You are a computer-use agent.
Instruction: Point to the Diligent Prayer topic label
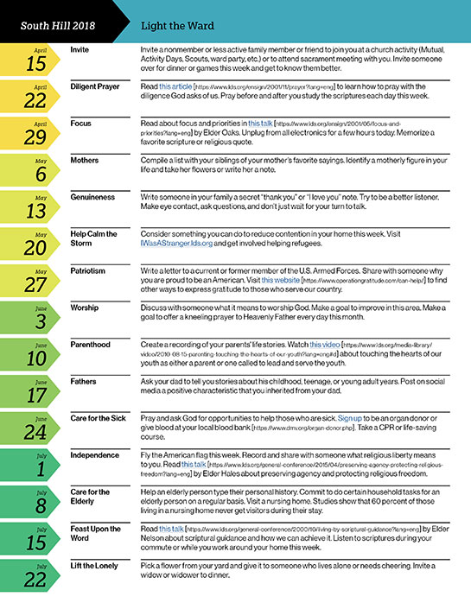(x=98, y=87)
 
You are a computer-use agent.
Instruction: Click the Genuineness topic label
(x=94, y=198)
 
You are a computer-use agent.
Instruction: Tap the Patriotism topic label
(x=90, y=272)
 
